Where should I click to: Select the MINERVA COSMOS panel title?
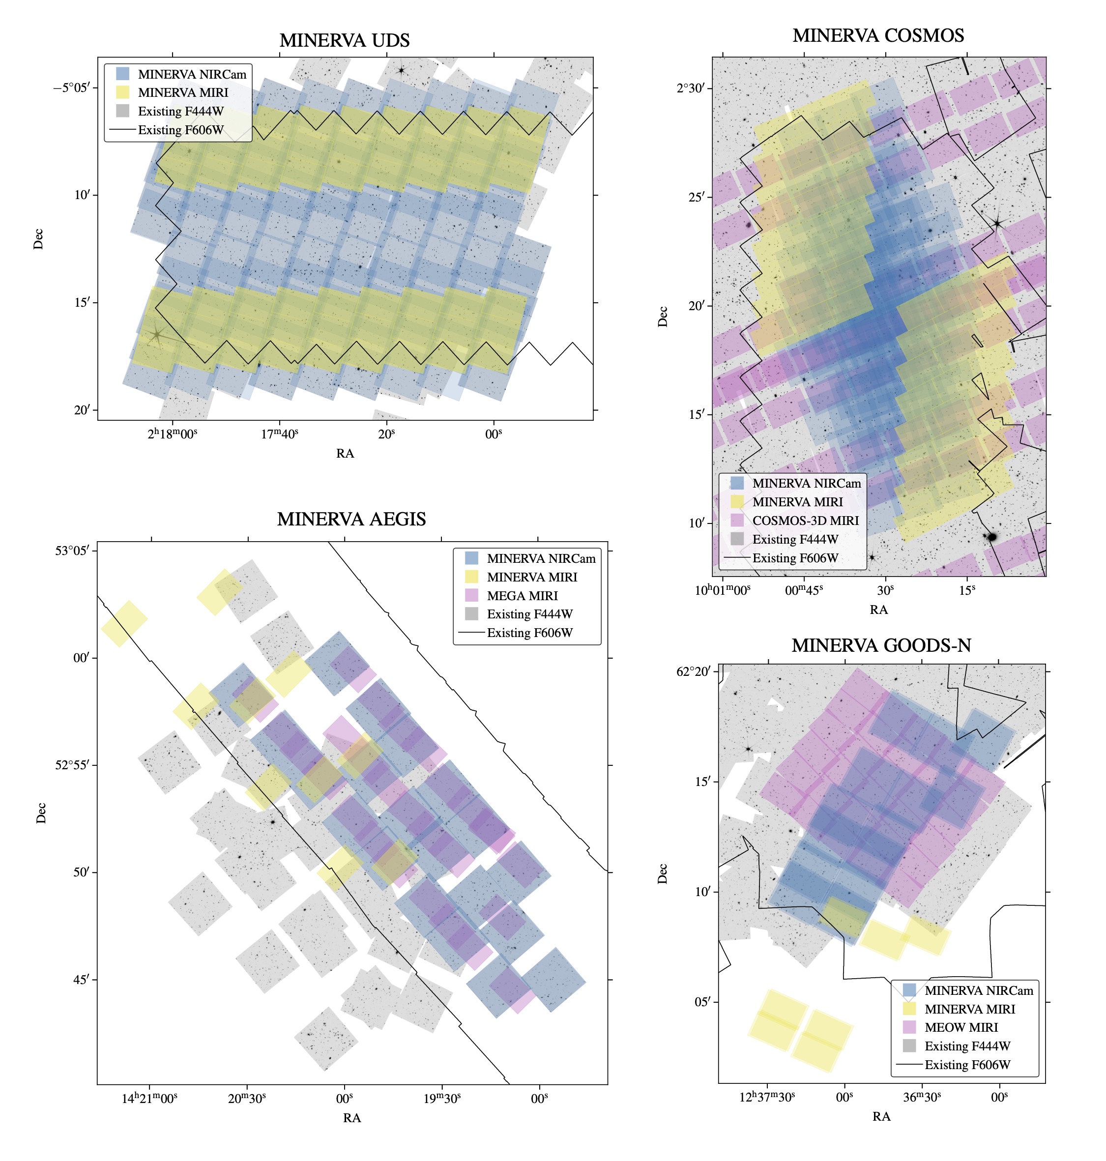point(878,35)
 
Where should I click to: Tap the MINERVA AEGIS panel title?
point(351,519)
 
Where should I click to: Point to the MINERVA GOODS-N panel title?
point(881,646)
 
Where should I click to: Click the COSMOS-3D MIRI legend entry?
point(805,521)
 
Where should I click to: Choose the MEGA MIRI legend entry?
point(522,596)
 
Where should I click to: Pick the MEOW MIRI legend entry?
point(961,1027)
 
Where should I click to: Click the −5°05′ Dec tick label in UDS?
point(72,88)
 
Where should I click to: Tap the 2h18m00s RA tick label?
point(172,434)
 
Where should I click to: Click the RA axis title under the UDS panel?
point(345,453)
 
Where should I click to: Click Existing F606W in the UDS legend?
point(180,130)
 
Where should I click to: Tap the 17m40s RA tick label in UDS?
point(279,434)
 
